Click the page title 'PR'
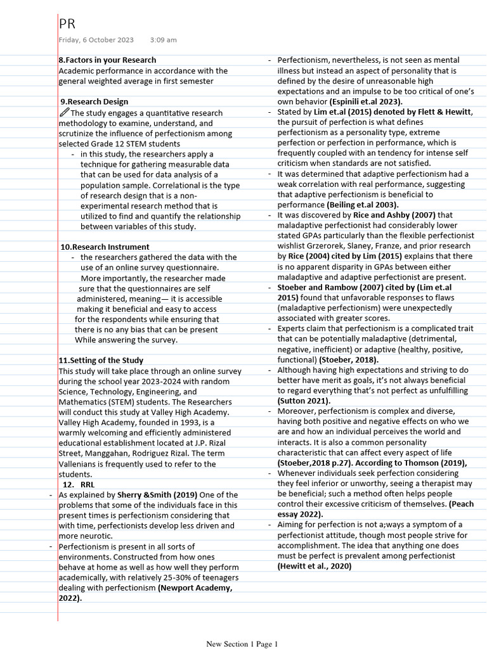(67, 24)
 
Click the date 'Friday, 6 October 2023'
(96, 40)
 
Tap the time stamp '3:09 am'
(164, 40)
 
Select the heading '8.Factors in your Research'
(107, 60)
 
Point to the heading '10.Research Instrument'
(105, 247)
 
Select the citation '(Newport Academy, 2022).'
(145, 593)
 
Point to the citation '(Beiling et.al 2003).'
(363, 205)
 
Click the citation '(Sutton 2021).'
(304, 401)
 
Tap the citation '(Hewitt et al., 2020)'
(315, 566)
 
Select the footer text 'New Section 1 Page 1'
(242, 644)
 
